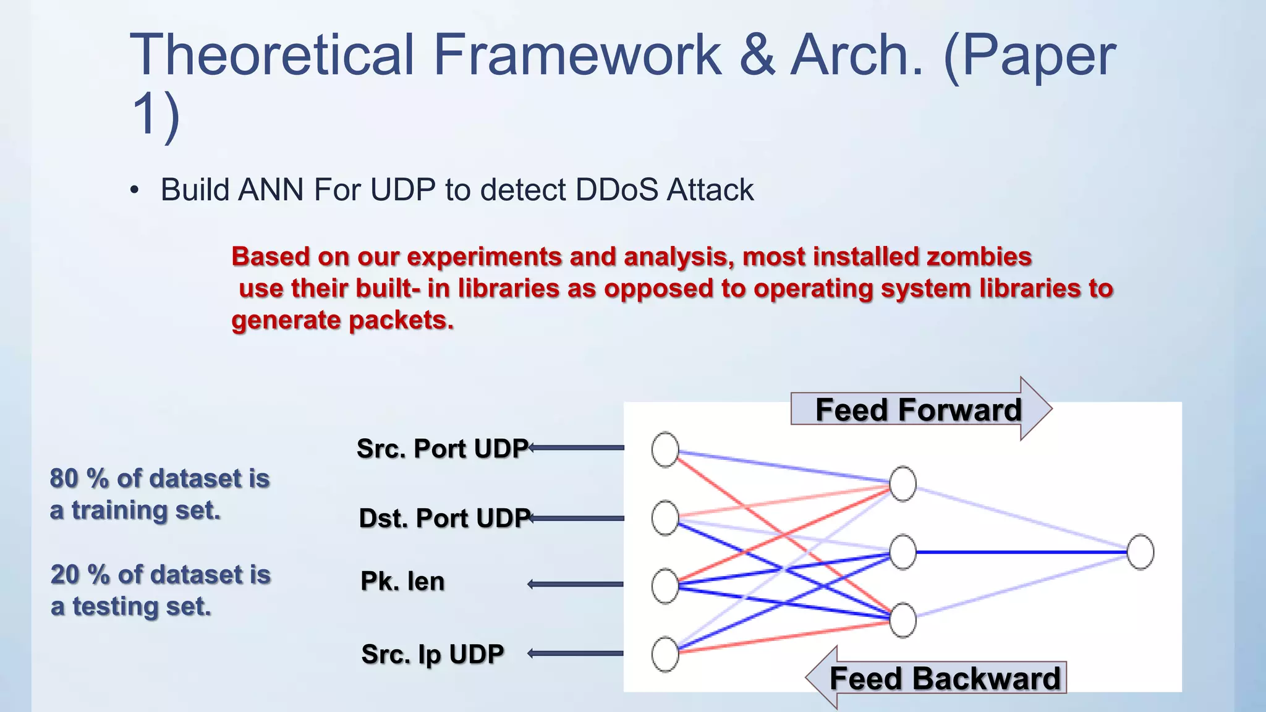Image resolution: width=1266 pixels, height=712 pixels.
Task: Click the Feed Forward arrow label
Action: pyautogui.click(x=918, y=410)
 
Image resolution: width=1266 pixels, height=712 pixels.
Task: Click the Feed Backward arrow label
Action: pyautogui.click(x=944, y=678)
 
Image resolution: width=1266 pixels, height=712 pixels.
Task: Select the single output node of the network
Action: pyautogui.click(x=1140, y=552)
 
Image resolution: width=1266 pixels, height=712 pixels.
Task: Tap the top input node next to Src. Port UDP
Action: pyautogui.click(x=665, y=449)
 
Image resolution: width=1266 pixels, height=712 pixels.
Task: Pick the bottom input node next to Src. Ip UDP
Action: pyautogui.click(x=665, y=654)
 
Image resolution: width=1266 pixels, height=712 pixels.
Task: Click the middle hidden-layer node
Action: pyautogui.click(x=903, y=552)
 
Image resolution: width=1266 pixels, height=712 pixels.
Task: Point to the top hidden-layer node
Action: pyautogui.click(x=903, y=484)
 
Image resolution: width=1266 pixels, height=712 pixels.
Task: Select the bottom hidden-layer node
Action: pyautogui.click(x=903, y=620)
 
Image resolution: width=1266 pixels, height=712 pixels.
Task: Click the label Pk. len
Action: pyautogui.click(x=402, y=582)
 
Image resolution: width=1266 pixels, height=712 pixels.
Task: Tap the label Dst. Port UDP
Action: pyautogui.click(x=444, y=518)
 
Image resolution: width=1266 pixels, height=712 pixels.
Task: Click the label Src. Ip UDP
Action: pyautogui.click(x=432, y=654)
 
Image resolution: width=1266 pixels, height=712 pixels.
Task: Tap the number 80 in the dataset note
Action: pyautogui.click(x=64, y=478)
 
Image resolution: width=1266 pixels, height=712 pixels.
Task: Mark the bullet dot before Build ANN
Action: pyautogui.click(x=135, y=190)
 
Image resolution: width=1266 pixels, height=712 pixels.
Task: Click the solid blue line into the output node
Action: pyautogui.click(x=1020, y=552)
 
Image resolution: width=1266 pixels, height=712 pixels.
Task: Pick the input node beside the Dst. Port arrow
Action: pyautogui.click(x=665, y=518)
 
